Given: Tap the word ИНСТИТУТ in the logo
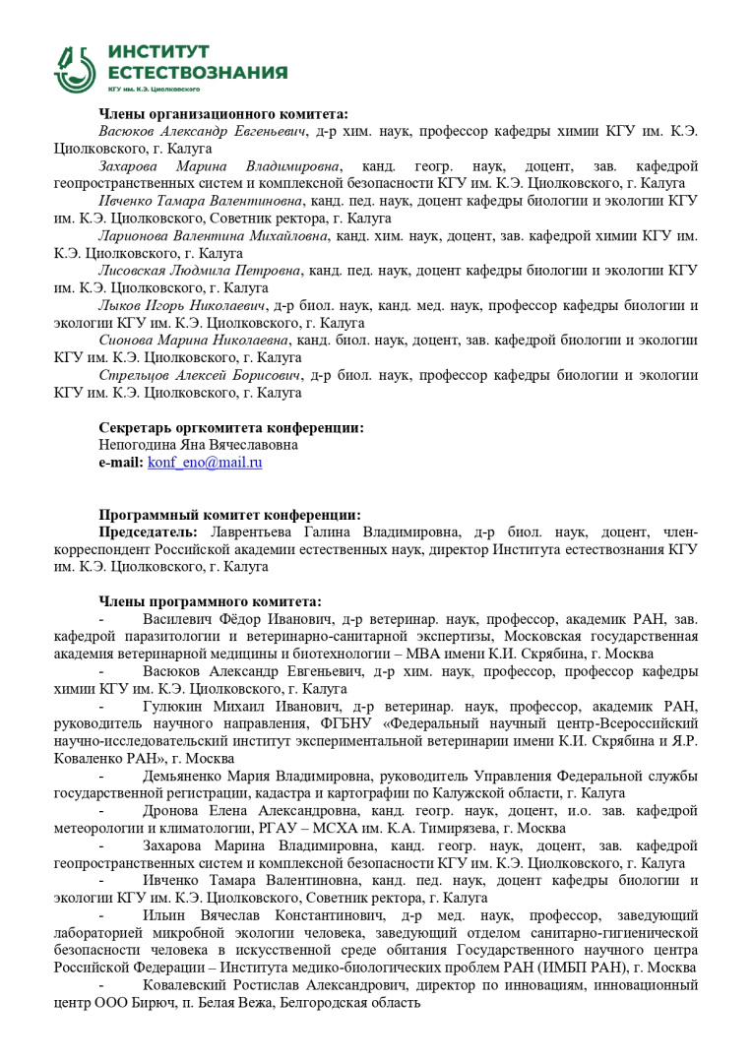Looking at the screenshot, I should (x=158, y=51).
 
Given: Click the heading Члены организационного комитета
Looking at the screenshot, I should (x=223, y=113).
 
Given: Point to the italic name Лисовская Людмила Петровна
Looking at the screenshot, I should (x=199, y=270).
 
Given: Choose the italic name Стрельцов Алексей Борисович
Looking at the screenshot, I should (x=201, y=375).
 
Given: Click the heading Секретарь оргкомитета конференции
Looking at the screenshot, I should (x=231, y=427).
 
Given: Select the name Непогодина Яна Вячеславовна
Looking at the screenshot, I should (x=198, y=445).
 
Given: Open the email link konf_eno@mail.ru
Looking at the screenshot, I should (x=205, y=462).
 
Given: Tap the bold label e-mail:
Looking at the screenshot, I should (x=121, y=462).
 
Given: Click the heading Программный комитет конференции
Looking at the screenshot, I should (x=229, y=515).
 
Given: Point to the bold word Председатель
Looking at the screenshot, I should (x=151, y=532).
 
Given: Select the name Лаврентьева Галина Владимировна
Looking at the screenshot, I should (x=338, y=532).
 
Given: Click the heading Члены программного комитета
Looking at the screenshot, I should (x=210, y=601).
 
